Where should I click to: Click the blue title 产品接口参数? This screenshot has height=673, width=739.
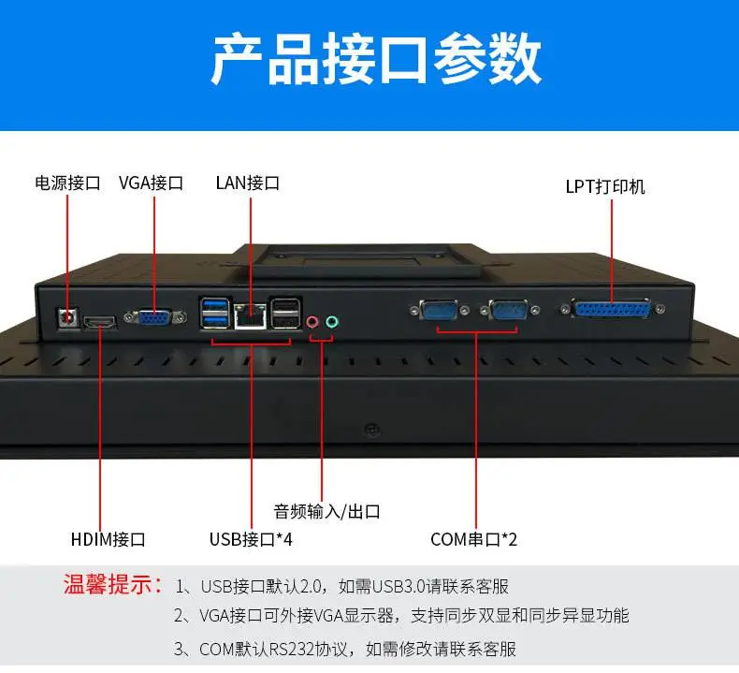click(376, 59)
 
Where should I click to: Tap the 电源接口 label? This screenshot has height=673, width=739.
click(67, 183)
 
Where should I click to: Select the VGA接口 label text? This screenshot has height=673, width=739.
click(151, 183)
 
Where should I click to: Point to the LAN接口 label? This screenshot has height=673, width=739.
click(248, 183)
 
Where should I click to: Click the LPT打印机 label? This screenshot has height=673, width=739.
click(605, 187)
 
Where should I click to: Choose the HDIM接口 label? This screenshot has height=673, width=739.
click(108, 539)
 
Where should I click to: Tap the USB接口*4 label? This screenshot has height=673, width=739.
click(251, 539)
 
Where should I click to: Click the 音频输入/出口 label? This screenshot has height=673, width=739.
click(326, 511)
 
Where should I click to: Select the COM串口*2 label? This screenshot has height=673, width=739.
click(473, 539)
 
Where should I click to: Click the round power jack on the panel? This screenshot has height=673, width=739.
click(69, 317)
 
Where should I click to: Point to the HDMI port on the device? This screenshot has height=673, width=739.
click(99, 323)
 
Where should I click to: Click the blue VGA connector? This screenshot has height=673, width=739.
click(155, 317)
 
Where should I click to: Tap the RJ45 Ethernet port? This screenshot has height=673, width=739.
click(251, 315)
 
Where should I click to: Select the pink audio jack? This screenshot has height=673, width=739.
click(312, 322)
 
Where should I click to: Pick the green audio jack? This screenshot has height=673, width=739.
click(332, 322)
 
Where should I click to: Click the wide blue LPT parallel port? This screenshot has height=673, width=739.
click(612, 309)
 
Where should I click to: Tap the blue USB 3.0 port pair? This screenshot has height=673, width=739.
click(215, 313)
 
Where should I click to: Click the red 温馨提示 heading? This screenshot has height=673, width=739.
click(112, 584)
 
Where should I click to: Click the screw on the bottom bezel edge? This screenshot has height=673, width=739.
click(372, 430)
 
